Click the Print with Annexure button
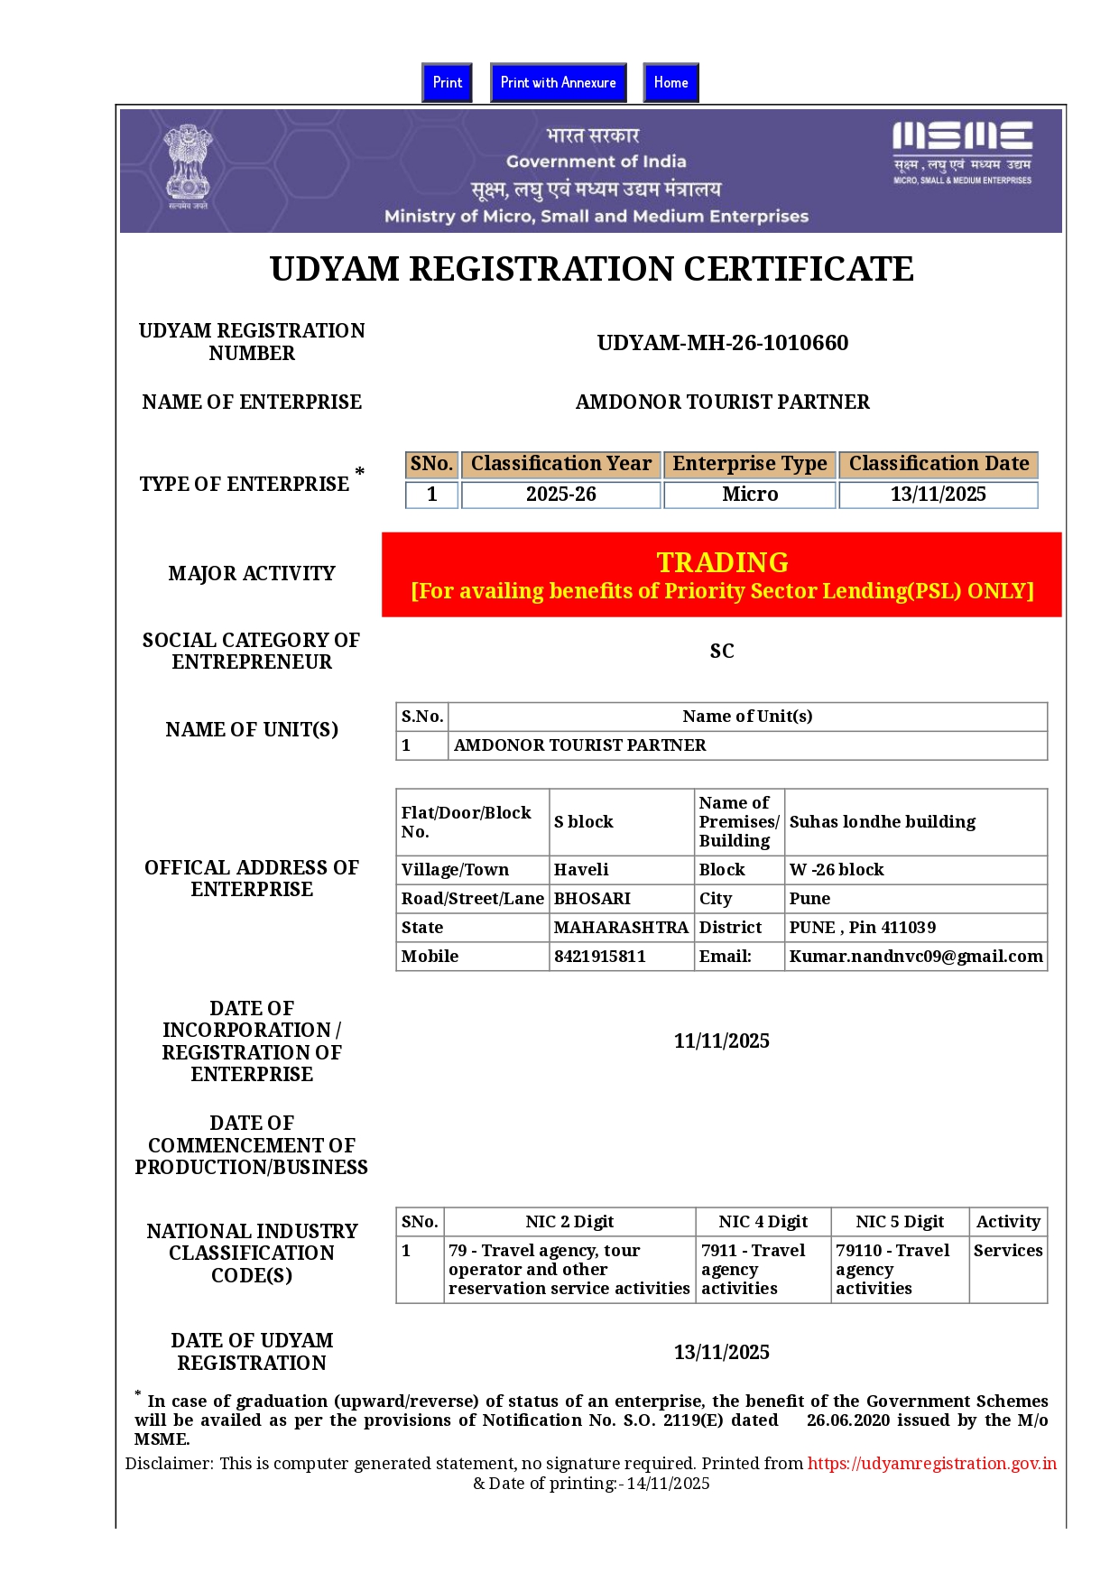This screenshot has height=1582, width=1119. click(558, 82)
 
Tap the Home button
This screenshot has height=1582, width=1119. click(670, 82)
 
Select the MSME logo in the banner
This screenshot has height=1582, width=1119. click(962, 151)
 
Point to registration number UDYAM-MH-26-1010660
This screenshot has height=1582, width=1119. click(722, 343)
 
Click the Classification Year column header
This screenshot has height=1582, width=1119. click(560, 464)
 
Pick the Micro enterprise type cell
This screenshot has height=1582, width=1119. click(750, 495)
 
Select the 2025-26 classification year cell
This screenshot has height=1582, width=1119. click(560, 495)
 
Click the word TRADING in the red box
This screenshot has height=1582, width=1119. click(722, 562)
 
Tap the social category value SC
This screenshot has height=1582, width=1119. click(722, 651)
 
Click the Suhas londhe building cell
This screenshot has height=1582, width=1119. click(882, 821)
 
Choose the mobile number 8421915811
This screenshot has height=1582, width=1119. click(600, 956)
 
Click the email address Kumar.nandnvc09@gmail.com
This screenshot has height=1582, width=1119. click(916, 956)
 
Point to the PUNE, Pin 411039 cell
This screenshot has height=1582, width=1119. click(862, 927)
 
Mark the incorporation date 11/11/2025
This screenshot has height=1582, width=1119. click(721, 1041)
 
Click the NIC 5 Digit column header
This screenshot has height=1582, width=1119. click(900, 1221)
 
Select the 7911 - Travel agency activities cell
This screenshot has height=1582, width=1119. click(754, 1269)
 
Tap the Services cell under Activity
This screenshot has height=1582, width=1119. click(1007, 1250)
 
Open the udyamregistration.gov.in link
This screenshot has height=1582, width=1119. click(931, 1463)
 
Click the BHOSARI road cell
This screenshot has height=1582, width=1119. click(592, 898)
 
